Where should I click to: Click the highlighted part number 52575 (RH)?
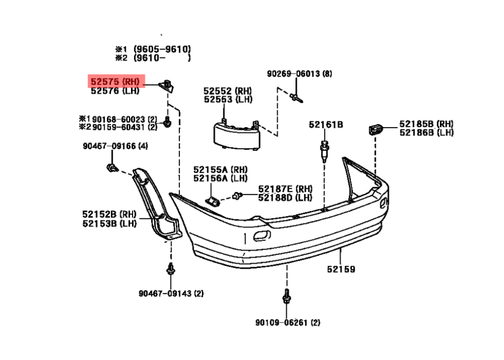coord(115,82)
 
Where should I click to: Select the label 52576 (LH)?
coord(115,91)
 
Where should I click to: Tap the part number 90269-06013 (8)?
coord(299,74)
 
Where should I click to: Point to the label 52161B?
coord(326,125)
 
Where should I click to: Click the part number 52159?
coord(341,269)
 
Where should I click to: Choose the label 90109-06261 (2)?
coord(288,322)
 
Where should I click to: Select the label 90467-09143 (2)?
coord(171,293)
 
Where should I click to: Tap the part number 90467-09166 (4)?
coord(115,146)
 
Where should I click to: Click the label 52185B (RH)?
coord(426,124)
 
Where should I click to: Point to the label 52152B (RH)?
coord(109,214)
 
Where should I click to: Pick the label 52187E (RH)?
coord(285,189)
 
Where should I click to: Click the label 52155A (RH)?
coord(220,169)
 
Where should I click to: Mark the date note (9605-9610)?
coord(162,49)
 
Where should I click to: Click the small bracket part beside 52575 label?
coord(166,86)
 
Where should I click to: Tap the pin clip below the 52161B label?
coord(325,151)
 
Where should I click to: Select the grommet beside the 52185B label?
coord(375,129)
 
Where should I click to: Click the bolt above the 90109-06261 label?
coord(286,296)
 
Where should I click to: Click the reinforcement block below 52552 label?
coord(237,135)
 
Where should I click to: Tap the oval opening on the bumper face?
coord(262,235)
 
